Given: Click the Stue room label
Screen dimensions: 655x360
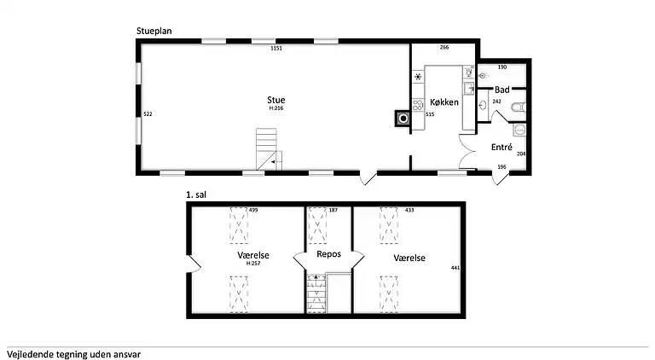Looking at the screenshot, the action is tap(275, 100).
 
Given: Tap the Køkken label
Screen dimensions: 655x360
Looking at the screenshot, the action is tap(444, 102).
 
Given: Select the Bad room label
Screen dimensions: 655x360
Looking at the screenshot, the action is tap(501, 90).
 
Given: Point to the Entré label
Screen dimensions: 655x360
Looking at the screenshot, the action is tap(501, 147).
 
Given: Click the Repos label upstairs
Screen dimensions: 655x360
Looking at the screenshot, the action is tap(328, 254).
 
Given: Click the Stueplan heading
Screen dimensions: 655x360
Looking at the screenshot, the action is tap(154, 31).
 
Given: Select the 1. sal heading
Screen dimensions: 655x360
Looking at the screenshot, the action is tap(196, 195).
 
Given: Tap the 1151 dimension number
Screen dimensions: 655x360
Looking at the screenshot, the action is tap(276, 48).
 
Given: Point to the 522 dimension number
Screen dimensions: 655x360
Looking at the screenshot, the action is tap(148, 114).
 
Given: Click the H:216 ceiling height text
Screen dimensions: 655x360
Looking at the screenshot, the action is tap(276, 107).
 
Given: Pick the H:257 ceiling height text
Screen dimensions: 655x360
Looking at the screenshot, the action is tap(253, 263).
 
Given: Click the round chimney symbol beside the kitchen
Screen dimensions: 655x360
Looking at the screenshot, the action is tap(403, 119).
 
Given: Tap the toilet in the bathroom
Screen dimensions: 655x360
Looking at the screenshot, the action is tap(519, 107).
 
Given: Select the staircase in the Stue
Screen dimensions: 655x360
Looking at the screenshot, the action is tap(269, 149).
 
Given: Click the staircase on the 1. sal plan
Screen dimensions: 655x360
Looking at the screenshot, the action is tap(316, 293).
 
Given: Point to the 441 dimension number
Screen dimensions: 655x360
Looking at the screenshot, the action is tap(455, 267).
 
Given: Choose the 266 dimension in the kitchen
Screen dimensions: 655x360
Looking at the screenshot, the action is tap(444, 47).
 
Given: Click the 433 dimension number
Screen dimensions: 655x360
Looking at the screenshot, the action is tap(409, 210).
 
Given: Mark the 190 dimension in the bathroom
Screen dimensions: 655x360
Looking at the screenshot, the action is tap(502, 67).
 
